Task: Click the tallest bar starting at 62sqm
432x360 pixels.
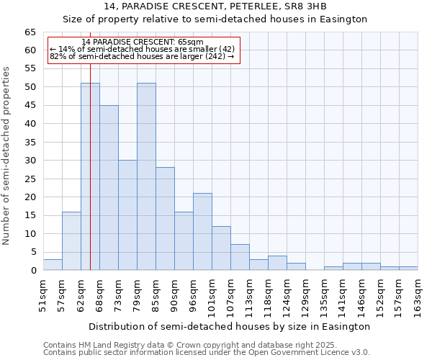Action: click(90, 176)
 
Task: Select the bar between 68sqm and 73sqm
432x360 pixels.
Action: click(109, 187)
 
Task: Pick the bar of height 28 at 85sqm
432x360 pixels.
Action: click(165, 218)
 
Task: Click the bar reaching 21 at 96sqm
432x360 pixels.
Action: click(202, 231)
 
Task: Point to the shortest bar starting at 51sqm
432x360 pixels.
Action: click(53, 264)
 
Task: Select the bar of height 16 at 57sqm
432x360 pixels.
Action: click(71, 240)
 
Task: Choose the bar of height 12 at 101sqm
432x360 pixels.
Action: click(221, 248)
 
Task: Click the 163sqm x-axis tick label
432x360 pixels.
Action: click(418, 295)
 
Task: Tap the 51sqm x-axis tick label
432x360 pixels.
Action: click(43, 295)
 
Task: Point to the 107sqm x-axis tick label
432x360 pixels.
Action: click(230, 295)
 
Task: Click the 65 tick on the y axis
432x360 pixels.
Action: click(30, 32)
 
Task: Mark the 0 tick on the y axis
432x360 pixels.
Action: click(33, 270)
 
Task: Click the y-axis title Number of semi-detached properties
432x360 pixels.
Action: click(6, 156)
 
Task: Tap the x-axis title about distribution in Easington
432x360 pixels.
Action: click(230, 326)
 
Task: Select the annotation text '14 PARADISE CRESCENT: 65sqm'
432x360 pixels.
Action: click(143, 42)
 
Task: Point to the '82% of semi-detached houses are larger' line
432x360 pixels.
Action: click(142, 56)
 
